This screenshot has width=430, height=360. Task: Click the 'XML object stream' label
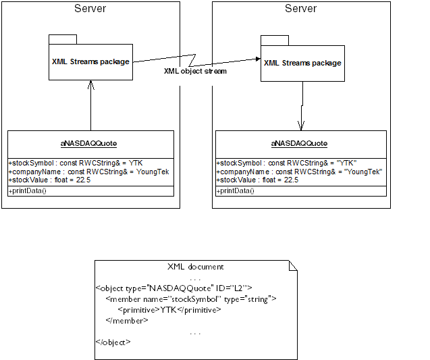click(195, 71)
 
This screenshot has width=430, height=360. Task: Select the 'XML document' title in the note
click(195, 267)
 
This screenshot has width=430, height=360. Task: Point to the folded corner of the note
click(292, 264)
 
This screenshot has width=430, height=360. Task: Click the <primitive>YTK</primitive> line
click(169, 309)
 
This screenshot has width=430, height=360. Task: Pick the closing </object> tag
click(113, 342)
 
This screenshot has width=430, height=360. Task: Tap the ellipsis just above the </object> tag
click(195, 332)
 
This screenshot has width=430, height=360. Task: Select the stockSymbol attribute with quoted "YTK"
click(286, 162)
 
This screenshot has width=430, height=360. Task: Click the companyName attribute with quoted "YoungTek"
click(300, 172)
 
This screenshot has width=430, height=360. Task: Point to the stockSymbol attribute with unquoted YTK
click(76, 162)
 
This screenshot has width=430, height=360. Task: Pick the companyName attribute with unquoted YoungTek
click(88, 172)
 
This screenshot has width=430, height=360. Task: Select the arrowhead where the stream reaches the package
click(257, 59)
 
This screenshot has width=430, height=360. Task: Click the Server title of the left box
click(90, 9)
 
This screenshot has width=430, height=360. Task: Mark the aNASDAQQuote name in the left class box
click(90, 143)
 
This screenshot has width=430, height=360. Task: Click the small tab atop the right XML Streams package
click(275, 39)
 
